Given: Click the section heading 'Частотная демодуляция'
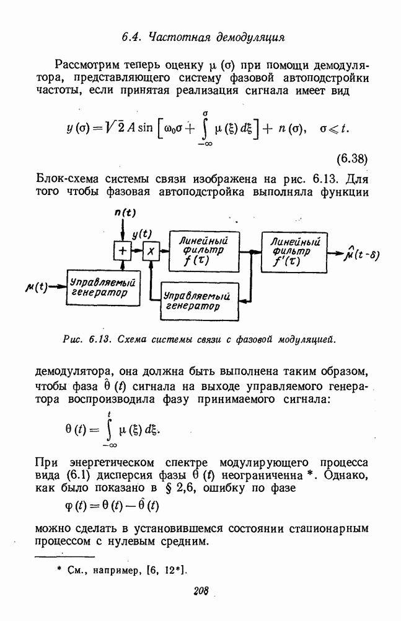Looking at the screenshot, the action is (x=216, y=38).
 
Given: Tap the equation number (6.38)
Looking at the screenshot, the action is (x=352, y=159).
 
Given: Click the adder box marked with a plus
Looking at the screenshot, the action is (x=123, y=250).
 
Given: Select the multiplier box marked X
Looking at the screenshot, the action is (x=151, y=250).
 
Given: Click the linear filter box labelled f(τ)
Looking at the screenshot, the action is (x=204, y=252).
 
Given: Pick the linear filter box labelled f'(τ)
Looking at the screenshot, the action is (x=294, y=252).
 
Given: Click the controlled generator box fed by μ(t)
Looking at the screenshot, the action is (x=104, y=288).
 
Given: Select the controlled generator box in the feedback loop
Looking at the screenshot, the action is (x=200, y=301).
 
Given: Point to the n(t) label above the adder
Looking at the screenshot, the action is (x=125, y=212).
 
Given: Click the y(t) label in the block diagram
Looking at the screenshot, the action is (x=141, y=235).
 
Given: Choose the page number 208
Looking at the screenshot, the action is (x=201, y=591).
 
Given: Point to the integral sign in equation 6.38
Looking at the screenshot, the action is (x=205, y=129).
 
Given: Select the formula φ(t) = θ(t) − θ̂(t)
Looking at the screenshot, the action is (x=112, y=505).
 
